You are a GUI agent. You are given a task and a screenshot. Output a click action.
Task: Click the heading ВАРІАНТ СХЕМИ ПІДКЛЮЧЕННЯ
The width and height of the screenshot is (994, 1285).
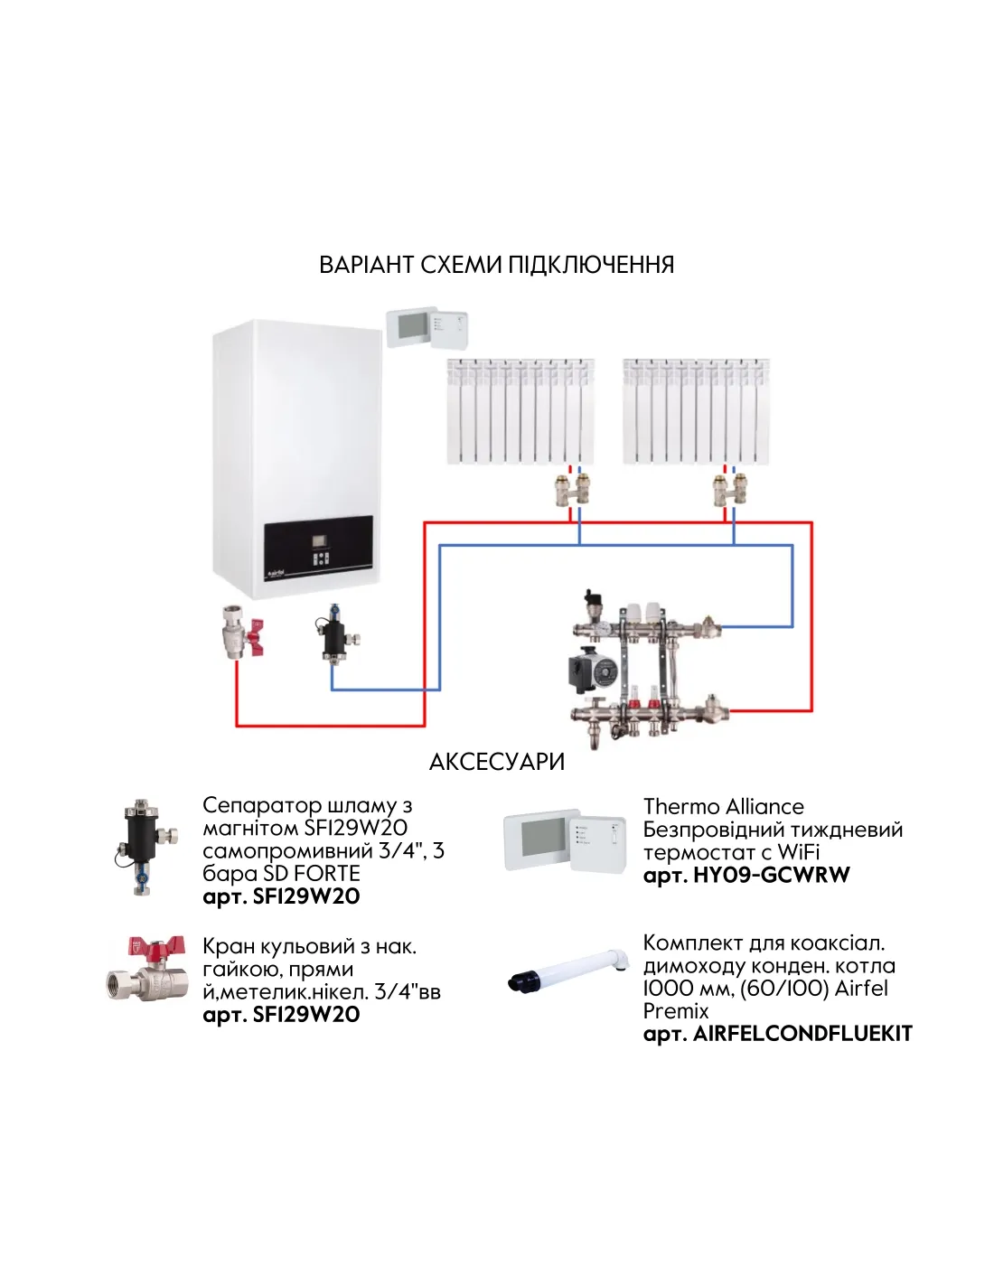[x=496, y=265]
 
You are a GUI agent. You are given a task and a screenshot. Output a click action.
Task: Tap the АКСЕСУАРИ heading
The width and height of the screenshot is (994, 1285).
[x=496, y=762]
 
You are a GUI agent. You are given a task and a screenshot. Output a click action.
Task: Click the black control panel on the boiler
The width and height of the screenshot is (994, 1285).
[x=318, y=549]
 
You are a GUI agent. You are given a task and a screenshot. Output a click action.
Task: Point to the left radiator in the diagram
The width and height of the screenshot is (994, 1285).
[x=520, y=411]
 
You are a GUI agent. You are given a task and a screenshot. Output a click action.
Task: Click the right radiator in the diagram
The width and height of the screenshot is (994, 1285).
[x=696, y=411]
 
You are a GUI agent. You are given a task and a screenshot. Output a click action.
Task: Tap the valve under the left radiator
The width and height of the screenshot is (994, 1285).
[x=572, y=489]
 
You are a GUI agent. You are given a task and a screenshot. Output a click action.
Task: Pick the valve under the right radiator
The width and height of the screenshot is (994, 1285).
[x=728, y=489]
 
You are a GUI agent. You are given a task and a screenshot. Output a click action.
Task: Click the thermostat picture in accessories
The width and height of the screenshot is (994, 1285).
[x=565, y=839]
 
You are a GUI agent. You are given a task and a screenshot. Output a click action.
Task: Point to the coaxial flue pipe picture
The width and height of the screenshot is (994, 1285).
[x=568, y=971]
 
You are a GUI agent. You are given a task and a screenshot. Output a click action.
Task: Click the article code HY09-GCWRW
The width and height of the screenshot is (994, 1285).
[x=771, y=875]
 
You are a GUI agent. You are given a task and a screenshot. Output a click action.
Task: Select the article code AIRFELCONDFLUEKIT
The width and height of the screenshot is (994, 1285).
[x=802, y=1034]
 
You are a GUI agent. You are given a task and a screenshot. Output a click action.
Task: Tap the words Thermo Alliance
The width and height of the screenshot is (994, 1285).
[x=723, y=806]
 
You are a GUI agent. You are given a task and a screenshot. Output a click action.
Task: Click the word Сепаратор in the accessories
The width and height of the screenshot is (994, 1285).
[x=261, y=805]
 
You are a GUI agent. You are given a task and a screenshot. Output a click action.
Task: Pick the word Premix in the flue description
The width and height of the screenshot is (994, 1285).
[x=675, y=1011]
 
